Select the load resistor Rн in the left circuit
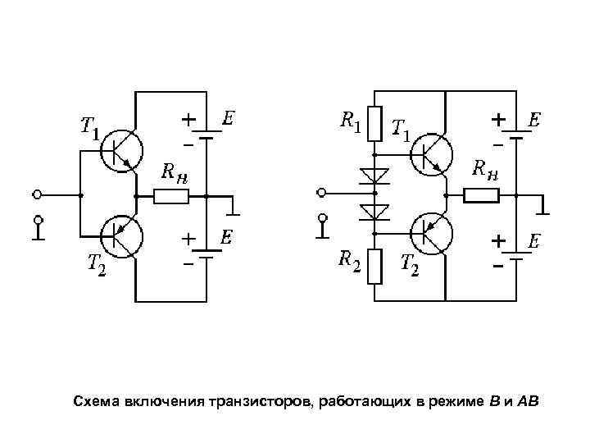coord(172,196)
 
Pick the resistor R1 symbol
coord(374,123)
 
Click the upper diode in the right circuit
coord(374,175)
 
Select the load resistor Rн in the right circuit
coord(482,195)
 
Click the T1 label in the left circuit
coord(88,127)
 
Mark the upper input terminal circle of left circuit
coord(37,195)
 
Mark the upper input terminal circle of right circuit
coord(323,194)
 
